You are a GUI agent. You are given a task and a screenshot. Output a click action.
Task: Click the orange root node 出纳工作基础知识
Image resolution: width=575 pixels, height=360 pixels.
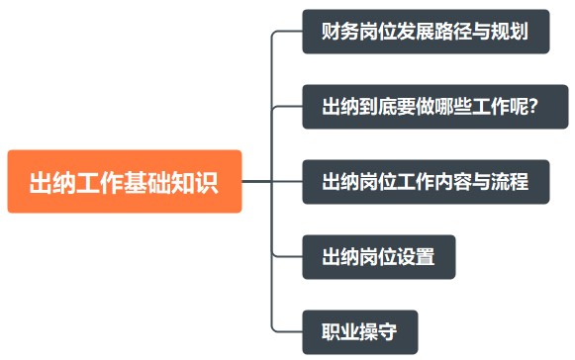tap(125, 182)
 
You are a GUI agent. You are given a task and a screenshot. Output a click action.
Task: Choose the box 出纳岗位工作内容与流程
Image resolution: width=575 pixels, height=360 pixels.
tap(426, 182)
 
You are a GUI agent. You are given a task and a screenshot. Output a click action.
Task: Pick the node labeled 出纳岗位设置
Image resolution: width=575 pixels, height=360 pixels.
tap(379, 257)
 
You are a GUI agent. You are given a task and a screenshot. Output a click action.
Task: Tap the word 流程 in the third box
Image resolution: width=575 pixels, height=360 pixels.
tap(509, 182)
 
